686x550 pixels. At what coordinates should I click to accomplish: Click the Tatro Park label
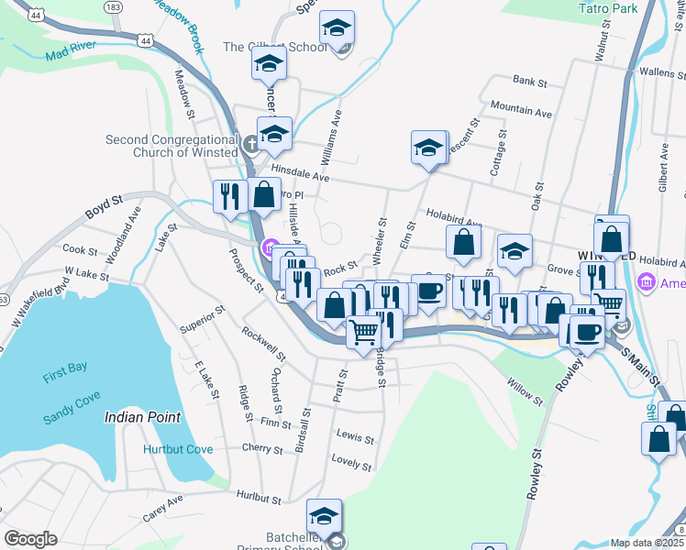[x=608, y=8]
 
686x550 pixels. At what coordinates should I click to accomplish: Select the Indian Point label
[x=142, y=416]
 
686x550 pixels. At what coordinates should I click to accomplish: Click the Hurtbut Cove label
[x=178, y=449]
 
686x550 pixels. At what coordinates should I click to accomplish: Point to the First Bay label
[x=64, y=368]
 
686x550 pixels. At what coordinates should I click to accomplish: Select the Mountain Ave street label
[x=521, y=109]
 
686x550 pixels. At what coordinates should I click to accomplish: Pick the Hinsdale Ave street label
[x=301, y=173]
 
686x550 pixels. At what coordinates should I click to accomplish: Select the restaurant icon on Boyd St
[x=228, y=196]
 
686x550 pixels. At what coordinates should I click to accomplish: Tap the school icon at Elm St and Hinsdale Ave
[x=428, y=148]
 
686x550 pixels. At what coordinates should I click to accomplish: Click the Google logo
[x=31, y=538]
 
